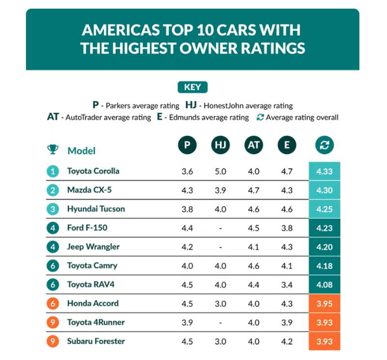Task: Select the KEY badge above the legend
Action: [193, 87]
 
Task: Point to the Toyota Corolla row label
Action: [93, 171]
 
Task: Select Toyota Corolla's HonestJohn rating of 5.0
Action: [220, 171]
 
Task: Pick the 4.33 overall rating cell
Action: [325, 171]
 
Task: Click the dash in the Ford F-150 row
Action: [220, 228]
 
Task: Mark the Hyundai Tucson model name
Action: [96, 209]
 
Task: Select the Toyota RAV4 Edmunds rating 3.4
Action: [287, 285]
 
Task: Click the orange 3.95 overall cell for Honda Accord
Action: [325, 303]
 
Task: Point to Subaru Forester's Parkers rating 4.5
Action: [187, 341]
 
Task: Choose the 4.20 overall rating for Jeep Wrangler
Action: [325, 247]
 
